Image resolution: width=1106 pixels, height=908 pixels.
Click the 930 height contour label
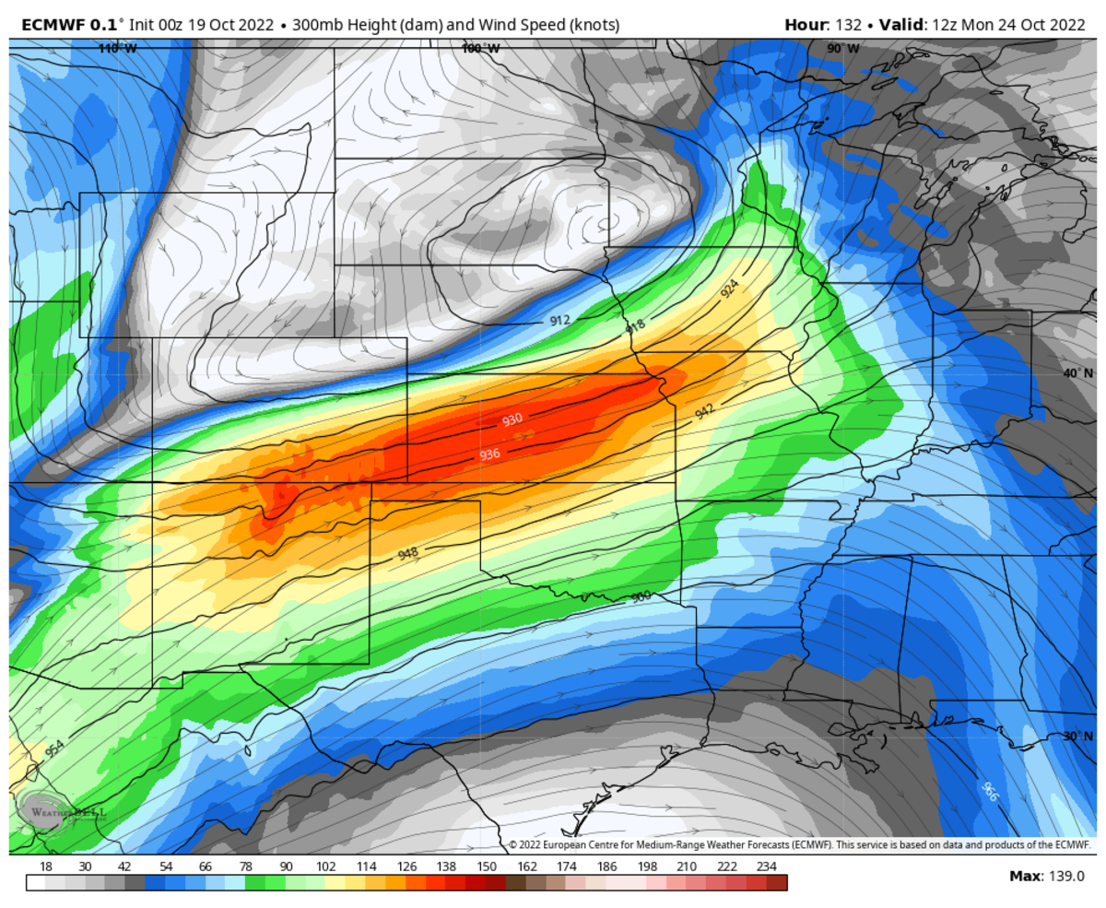pos(512,419)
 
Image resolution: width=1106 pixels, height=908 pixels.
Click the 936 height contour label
pos(489,454)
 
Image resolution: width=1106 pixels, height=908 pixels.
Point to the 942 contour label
pos(704,412)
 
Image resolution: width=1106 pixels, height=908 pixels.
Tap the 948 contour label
pos(407,554)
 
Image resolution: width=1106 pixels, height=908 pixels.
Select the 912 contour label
pos(559,320)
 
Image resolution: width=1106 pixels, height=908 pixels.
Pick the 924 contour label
pos(729,289)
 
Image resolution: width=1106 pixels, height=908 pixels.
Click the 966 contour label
pos(989,791)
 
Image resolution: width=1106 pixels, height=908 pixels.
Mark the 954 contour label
pos(54,748)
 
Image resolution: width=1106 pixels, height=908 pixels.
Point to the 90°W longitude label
pos(842,48)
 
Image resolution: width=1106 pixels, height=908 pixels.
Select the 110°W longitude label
pos(117,48)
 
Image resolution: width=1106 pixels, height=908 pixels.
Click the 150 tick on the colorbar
pos(487,867)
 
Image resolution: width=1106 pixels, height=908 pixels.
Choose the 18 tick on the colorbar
pos(46,867)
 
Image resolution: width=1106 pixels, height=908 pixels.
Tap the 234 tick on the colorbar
pos(766,867)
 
